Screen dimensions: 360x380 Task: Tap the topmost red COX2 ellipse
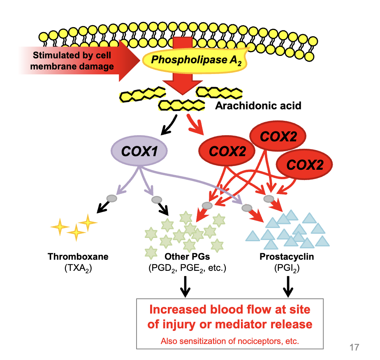[x=278, y=136]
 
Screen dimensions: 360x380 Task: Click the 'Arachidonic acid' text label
[x=258, y=106]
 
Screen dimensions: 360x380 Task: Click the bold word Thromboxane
[x=78, y=257]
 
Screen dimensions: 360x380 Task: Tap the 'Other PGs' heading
[x=187, y=257]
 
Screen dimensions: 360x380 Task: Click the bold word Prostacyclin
[x=287, y=257]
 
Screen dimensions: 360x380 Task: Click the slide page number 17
[x=354, y=348]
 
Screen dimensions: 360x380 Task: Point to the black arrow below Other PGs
[x=185, y=286]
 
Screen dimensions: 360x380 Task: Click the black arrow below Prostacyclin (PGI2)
[x=288, y=286]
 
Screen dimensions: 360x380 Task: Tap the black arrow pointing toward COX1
[x=168, y=126]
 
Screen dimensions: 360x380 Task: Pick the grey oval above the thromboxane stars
[x=111, y=198]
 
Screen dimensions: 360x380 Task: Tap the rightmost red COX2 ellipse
[x=305, y=164]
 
